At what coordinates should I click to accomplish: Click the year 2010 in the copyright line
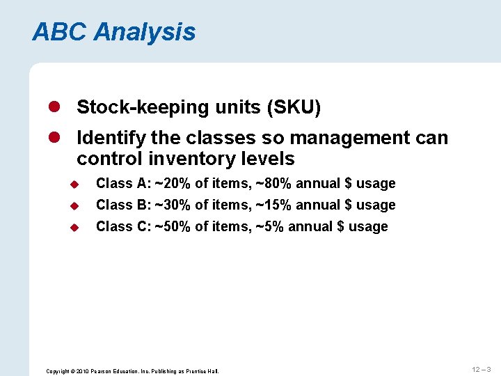click(81, 371)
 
